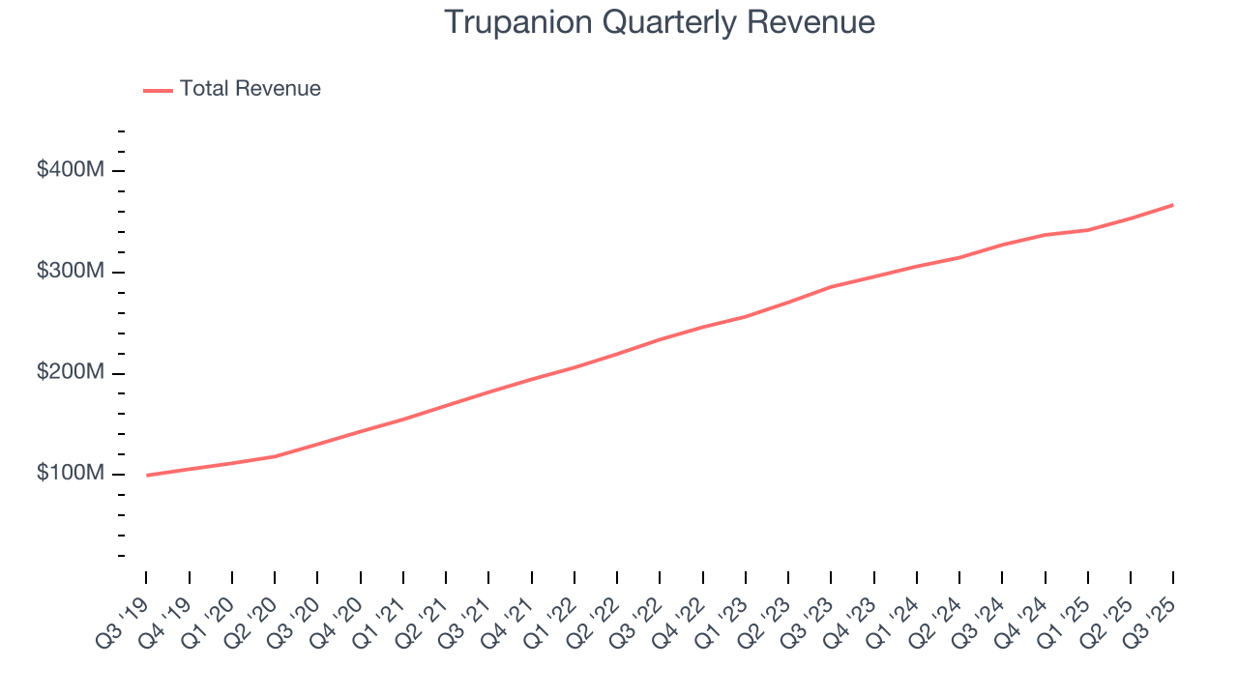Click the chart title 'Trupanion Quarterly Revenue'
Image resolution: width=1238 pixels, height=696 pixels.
pyautogui.click(x=660, y=22)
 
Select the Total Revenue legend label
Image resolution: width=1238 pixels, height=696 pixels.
pyautogui.click(x=250, y=89)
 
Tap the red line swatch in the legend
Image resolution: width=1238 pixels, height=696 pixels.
pyautogui.click(x=158, y=90)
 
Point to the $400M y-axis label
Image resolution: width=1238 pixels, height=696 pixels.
pyautogui.click(x=71, y=170)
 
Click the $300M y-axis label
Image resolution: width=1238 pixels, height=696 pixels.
pyautogui.click(x=71, y=272)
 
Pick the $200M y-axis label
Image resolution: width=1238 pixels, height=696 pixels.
pyautogui.click(x=71, y=373)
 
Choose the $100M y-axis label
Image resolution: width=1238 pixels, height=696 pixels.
pyautogui.click(x=71, y=474)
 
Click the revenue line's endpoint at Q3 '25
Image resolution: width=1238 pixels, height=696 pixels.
pyautogui.click(x=1173, y=205)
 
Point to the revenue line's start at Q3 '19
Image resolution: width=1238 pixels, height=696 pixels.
pyautogui.click(x=147, y=475)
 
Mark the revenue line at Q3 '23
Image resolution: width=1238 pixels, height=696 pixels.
pyautogui.click(x=831, y=287)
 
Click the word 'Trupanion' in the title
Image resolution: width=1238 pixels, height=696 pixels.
pyautogui.click(x=517, y=22)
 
